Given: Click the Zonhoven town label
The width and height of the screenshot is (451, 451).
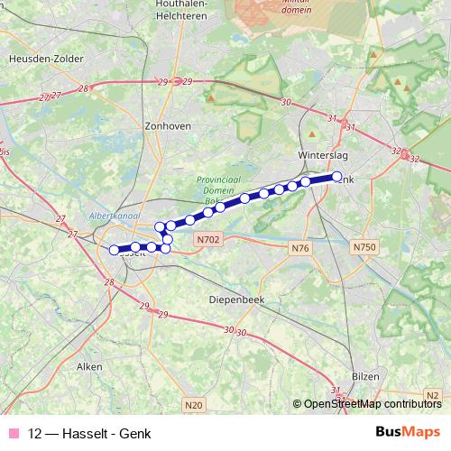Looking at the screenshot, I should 167,127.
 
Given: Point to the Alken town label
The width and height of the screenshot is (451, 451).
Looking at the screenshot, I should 89,367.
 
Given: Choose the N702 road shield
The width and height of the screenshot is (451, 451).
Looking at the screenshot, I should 207,239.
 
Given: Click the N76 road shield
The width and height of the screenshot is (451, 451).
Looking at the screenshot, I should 300,247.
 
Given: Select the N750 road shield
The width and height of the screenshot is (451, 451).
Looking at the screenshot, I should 364,247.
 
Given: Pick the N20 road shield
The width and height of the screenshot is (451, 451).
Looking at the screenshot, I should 192,406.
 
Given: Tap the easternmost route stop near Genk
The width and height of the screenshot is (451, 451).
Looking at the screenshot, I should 337,177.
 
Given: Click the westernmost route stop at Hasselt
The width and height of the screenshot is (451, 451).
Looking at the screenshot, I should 114,251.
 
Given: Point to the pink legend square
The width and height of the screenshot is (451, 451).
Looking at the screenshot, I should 14,434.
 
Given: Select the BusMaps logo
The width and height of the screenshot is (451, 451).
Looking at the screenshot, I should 407,433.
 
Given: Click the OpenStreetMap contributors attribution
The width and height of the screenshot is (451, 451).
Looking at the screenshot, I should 372,404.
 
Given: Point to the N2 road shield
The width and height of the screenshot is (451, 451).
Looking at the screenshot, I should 434,395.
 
